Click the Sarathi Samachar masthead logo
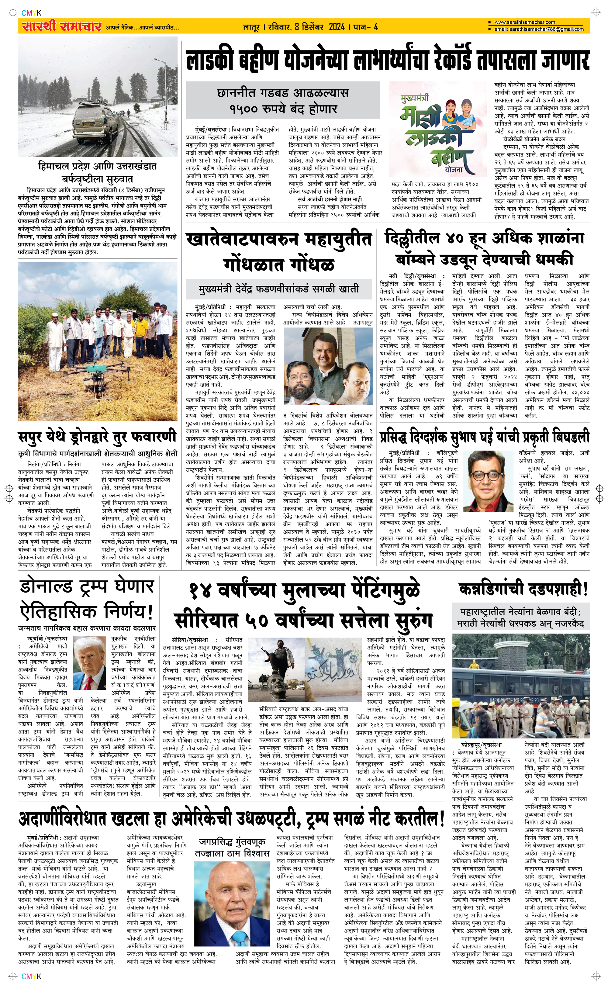(60, 26)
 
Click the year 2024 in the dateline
(337, 27)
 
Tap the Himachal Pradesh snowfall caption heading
(97, 172)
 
